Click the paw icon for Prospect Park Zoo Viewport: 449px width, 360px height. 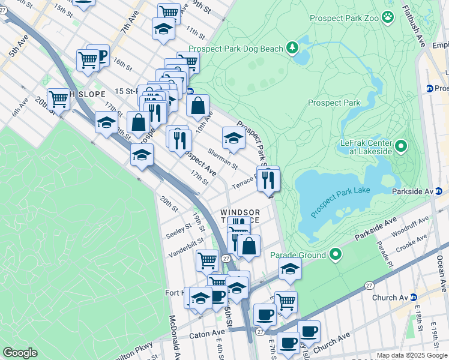[x=388, y=18]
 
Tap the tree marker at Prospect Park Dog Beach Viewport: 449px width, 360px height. [x=292, y=47]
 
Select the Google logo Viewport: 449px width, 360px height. [x=20, y=352]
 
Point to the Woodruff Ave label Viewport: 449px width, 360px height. [x=412, y=226]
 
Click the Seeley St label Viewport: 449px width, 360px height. [x=179, y=231]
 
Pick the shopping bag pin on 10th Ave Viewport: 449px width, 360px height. [x=197, y=106]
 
